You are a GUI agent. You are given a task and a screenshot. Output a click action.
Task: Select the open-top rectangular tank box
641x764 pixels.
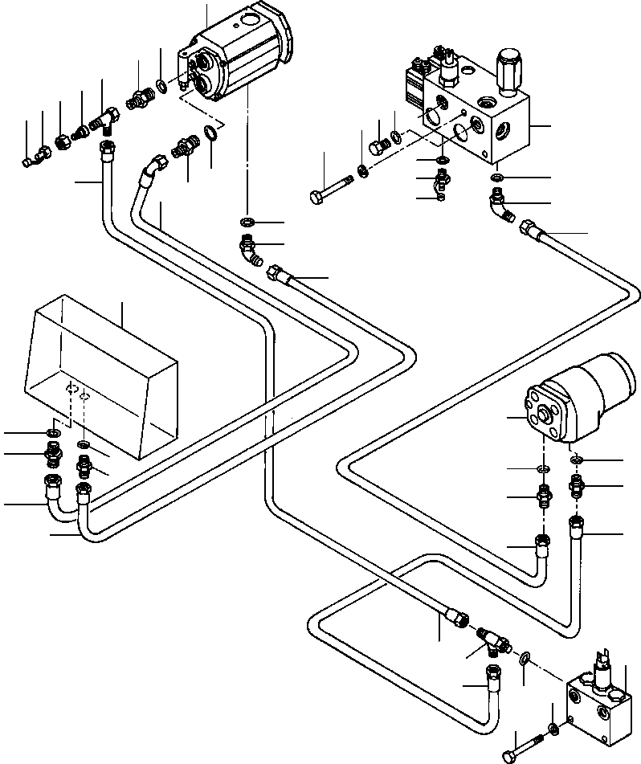[x=100, y=378]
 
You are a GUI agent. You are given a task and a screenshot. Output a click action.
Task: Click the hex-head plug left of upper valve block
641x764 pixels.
[x=376, y=147]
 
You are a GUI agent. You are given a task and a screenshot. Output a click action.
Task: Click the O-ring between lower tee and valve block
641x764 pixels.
[x=524, y=660]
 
